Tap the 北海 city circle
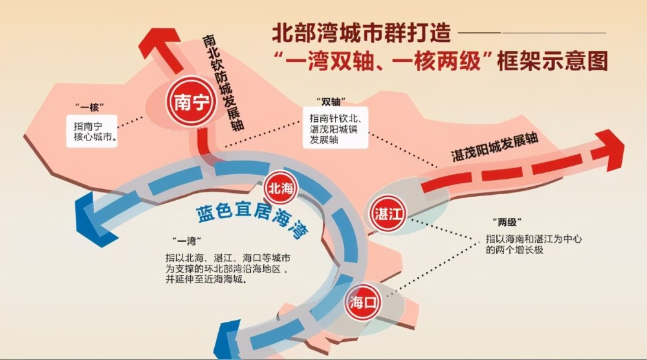[280, 188]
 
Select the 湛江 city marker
[387, 214]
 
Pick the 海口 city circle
[362, 302]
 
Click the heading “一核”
[89, 107]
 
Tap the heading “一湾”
[187, 240]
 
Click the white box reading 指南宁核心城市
[92, 131]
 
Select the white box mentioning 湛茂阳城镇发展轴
[335, 128]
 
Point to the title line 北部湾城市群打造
[361, 32]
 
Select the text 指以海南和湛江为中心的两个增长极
[534, 244]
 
